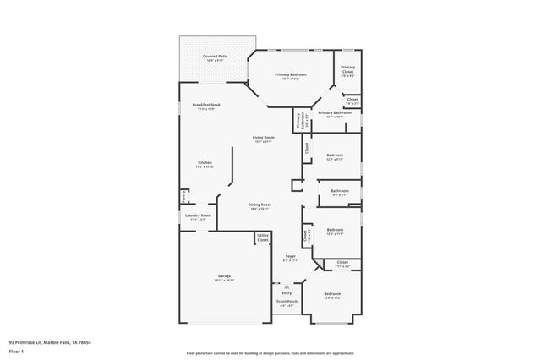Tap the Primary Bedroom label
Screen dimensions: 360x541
290,75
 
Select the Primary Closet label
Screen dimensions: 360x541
347,69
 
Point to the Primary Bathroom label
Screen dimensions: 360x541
335,113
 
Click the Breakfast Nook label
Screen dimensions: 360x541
205,106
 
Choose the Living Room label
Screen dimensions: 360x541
263,139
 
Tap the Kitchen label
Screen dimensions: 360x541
205,164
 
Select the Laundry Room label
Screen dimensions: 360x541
199,216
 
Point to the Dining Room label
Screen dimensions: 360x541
260,205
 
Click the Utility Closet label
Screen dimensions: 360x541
263,237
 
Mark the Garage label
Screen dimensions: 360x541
224,277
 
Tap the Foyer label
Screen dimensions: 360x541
290,257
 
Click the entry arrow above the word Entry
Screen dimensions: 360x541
287,285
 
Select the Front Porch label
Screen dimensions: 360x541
287,303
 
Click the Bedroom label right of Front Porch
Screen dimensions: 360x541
332,295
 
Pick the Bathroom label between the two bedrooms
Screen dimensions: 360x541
339,192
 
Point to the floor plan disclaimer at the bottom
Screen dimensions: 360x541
270,352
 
